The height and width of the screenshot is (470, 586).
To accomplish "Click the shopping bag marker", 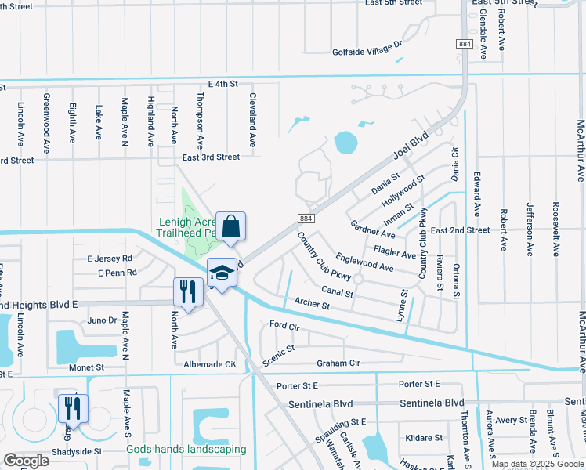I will pos(231,227).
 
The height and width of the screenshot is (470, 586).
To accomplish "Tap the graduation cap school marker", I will pos(222,273).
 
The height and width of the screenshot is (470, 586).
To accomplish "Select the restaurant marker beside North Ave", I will pos(188,293).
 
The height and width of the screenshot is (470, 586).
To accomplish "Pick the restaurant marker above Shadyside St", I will pos(73,408).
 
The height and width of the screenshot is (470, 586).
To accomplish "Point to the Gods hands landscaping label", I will pos(186,450).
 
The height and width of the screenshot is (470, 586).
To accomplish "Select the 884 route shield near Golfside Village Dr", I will pos(465,45).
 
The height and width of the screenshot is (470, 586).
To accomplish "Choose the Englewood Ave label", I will pos(364,262).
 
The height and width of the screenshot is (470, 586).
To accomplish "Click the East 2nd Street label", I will pos(459,230).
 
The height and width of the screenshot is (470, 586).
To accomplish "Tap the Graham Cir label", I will pos(338,363).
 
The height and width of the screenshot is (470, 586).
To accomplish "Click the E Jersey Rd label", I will pos(110,258).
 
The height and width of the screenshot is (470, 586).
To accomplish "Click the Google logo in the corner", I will pos(26,461).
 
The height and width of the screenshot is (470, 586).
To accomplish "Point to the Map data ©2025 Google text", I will pos(537,464).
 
